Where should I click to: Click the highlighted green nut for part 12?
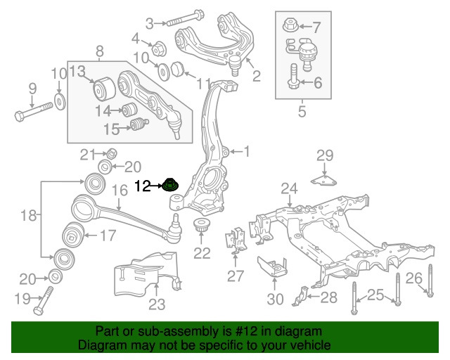170,186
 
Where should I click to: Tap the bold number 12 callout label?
143,186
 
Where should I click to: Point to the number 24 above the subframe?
290,188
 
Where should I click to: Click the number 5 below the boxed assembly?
302,110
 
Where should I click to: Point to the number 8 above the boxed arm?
99,51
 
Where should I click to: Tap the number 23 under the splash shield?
156,304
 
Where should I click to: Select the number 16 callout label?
120,190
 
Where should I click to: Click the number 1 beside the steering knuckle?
246,150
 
